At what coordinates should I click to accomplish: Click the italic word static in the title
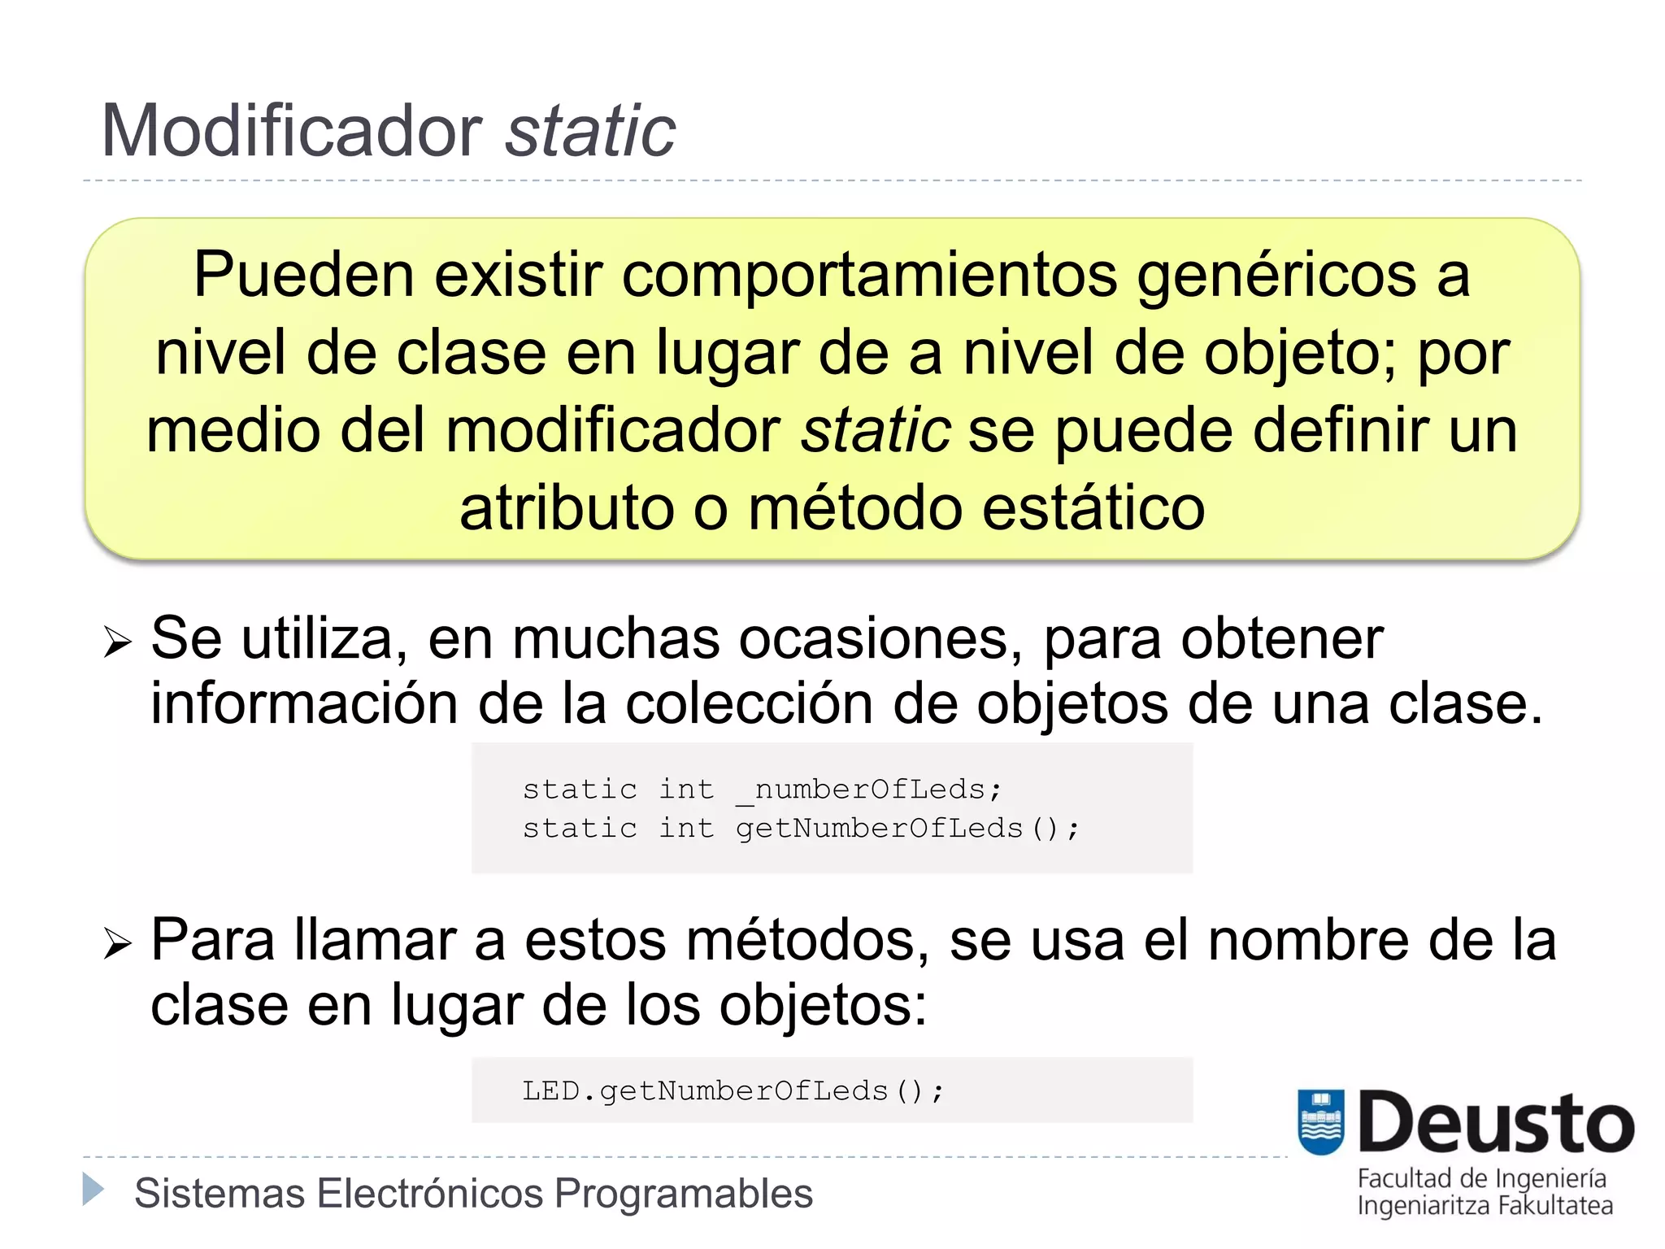coord(590,132)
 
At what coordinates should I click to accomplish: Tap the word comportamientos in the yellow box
coord(868,275)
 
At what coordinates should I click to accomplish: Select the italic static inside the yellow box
coord(876,431)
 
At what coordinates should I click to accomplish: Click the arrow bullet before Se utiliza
coord(118,642)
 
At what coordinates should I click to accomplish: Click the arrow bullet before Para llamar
coord(118,943)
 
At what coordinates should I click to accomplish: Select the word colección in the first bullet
coord(748,704)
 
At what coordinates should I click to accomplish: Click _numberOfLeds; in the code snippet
coord(868,790)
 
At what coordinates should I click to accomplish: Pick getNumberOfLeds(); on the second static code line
coord(906,829)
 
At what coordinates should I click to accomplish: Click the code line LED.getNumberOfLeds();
coord(733,1091)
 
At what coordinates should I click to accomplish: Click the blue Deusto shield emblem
coord(1321,1121)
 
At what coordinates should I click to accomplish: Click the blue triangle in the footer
coord(93,1190)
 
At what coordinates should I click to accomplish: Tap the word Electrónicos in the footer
coord(430,1194)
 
